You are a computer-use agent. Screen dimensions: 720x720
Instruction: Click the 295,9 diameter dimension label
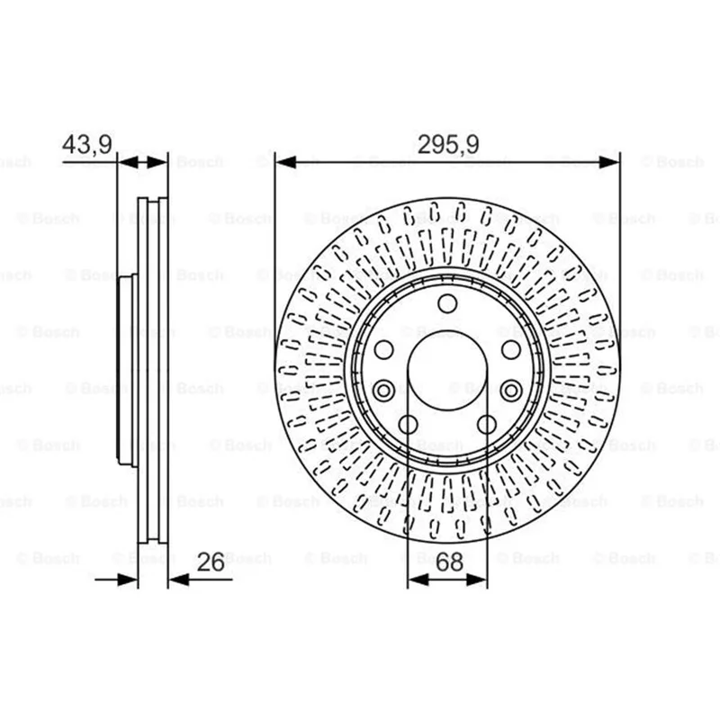point(447,144)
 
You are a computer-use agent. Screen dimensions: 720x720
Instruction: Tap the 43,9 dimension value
point(86,144)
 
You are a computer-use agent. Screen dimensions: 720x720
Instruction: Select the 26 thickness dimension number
point(211,562)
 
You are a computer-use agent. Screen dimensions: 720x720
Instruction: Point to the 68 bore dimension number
point(449,562)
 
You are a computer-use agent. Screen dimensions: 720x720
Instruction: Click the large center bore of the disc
point(447,371)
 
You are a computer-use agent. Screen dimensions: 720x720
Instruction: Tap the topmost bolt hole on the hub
point(447,303)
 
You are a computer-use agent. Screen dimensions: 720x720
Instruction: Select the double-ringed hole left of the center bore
point(383,391)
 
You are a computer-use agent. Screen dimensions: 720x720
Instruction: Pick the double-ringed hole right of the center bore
point(511,391)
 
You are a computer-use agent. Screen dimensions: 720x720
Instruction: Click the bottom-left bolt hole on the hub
point(408,425)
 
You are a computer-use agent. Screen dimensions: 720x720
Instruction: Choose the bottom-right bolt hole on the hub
point(487,425)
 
